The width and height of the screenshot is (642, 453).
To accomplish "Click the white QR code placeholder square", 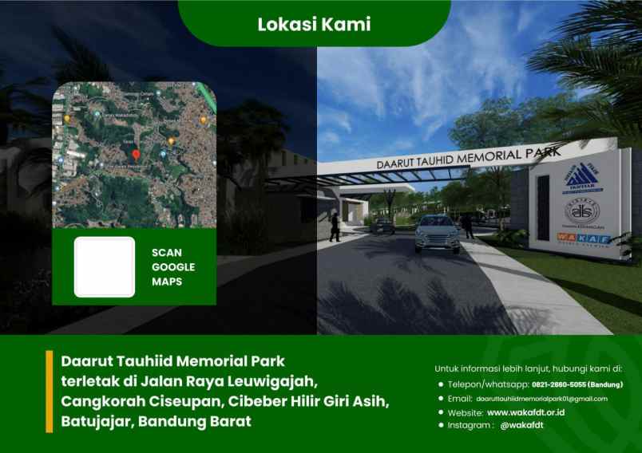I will pyautogui.click(x=104, y=266).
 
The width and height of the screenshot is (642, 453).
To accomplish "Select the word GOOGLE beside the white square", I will pyautogui.click(x=173, y=266).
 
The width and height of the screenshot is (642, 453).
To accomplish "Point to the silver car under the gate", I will pyautogui.click(x=437, y=232).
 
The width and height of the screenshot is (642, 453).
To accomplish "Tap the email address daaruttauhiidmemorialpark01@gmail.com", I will pyautogui.click(x=542, y=398).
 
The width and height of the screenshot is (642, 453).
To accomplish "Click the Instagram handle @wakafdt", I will pyautogui.click(x=521, y=426).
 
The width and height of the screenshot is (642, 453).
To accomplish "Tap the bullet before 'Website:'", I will pyautogui.click(x=441, y=412).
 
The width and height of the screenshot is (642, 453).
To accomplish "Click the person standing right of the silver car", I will pyautogui.click(x=471, y=228).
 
